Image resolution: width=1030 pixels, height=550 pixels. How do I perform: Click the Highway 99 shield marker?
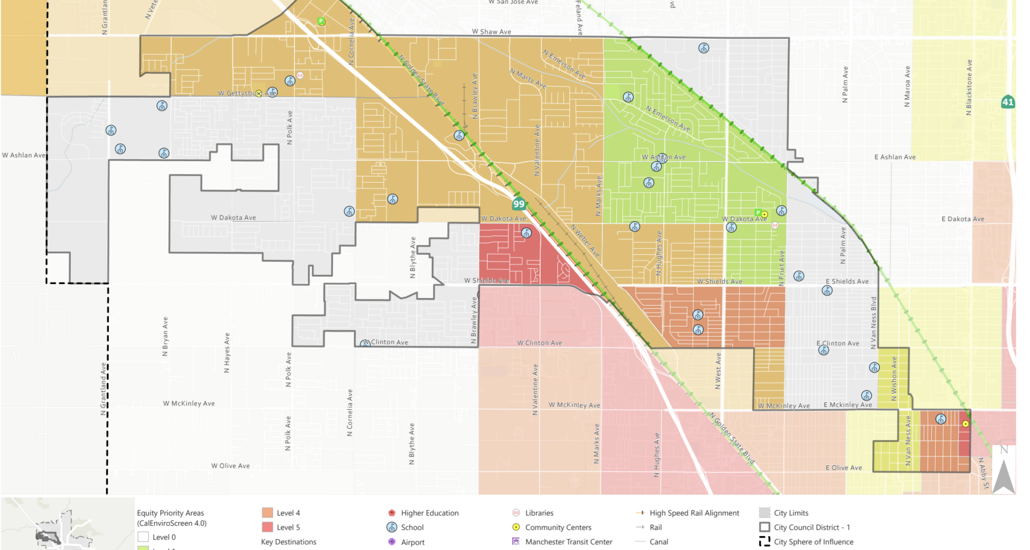[x=518, y=204]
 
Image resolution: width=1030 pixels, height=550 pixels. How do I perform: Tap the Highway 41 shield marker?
[x=1007, y=102]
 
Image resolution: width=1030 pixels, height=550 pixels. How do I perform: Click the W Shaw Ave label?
[x=491, y=32]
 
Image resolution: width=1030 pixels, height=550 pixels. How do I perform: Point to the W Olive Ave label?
[x=230, y=466]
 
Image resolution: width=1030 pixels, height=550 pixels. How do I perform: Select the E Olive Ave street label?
[x=843, y=468]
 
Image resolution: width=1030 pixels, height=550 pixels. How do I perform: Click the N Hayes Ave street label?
[x=227, y=352]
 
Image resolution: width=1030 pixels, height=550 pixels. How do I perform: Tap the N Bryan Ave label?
[x=165, y=336]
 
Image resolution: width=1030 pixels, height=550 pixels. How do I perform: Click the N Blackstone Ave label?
[x=969, y=87]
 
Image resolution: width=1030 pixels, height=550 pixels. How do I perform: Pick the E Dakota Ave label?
[x=962, y=219]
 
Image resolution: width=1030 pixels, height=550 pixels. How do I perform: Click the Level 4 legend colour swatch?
[x=267, y=513]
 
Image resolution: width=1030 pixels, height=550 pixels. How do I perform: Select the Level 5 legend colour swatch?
[x=267, y=527]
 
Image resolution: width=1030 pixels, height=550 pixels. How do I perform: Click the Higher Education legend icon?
[x=392, y=513]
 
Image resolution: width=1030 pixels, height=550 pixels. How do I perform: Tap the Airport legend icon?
[x=392, y=542]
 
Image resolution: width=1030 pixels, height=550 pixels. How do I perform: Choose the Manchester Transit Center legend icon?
[x=516, y=541]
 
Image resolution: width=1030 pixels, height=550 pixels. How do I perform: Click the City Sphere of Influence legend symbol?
[x=764, y=541]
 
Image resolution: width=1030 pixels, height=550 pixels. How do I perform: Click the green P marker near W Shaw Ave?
[x=321, y=21]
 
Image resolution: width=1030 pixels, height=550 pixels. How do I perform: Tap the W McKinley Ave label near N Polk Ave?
[x=189, y=403]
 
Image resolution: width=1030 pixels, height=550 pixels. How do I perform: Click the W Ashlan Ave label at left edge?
[x=24, y=155]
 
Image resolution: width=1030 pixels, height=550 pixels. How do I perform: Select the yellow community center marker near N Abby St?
[x=965, y=424]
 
